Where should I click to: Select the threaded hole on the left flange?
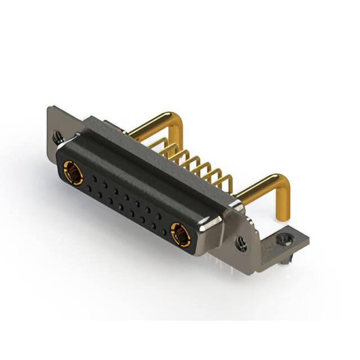click(57, 136)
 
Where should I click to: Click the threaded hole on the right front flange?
click(241, 243)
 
